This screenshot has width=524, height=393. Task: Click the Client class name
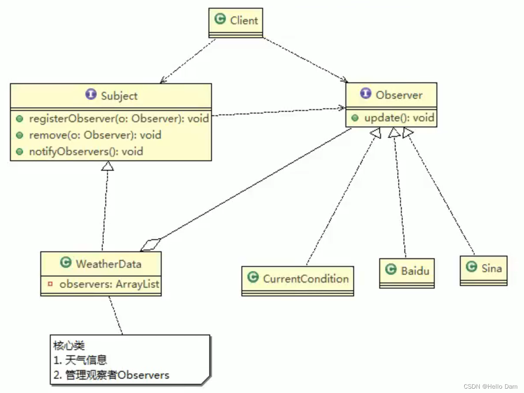[x=244, y=20]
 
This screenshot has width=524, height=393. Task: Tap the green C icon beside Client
[x=220, y=19]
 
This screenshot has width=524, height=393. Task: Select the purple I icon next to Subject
[x=91, y=94]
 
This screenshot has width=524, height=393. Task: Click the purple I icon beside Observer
[x=365, y=93]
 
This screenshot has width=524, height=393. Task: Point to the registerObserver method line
[x=119, y=119]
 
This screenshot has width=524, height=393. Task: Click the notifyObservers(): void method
[x=86, y=152]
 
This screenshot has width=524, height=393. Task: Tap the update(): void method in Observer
[x=399, y=118]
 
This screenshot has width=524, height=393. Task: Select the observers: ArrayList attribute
[x=109, y=284]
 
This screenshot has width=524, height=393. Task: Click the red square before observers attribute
[x=50, y=284]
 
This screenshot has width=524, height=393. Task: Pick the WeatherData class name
[x=109, y=264]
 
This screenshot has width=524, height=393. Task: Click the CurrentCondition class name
[x=306, y=279]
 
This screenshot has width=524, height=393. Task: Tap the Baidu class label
[x=415, y=271]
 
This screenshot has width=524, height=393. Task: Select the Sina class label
[x=491, y=269]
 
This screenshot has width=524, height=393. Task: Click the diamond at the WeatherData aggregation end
[x=150, y=245]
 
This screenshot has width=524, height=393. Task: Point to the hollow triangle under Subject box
[x=107, y=166]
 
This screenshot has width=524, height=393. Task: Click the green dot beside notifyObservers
[x=20, y=152]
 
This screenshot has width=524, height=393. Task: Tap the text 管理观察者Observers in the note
[x=117, y=375]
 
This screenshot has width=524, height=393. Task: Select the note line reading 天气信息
[x=86, y=360]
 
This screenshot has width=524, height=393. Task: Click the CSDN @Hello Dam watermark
[x=490, y=387]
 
